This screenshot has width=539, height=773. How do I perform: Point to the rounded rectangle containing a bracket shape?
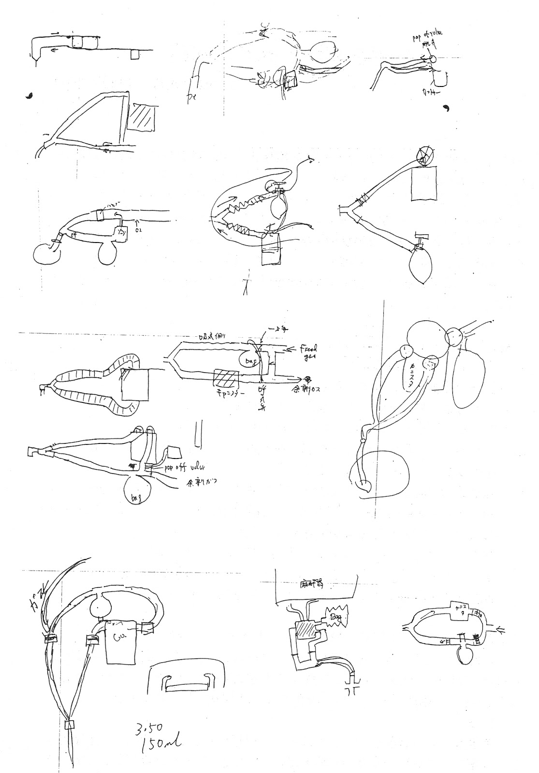tap(187, 682)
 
